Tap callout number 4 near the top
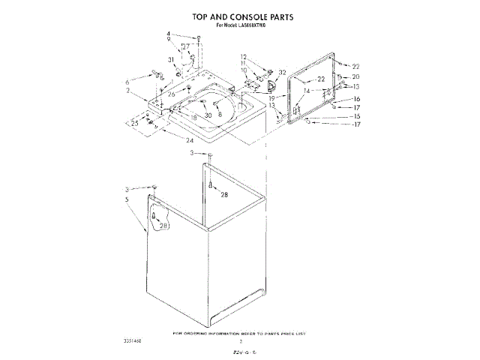pos(169,34)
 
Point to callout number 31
pos(171,60)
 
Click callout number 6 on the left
pos(127,81)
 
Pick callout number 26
pos(171,94)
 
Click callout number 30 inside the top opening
pos(208,115)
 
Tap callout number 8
pos(220,115)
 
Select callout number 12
pos(244,57)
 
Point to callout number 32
pos(283,73)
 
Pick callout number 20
pos(356,76)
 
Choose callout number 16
pos(357,99)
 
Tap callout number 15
pos(357,116)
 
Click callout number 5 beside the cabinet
pos(127,199)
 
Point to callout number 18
pos(193,118)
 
